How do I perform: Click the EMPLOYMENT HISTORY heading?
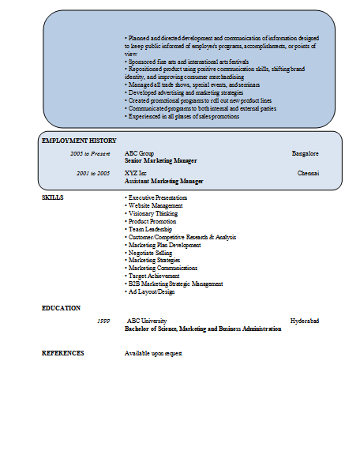coord(79,140)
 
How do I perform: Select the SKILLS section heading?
coord(53,197)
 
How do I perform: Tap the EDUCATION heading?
coord(61,308)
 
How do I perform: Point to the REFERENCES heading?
coord(62,353)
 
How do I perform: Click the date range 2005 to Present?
coord(90,152)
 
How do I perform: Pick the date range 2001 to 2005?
coord(93,172)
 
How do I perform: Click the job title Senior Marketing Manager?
coord(160,160)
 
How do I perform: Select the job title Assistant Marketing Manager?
coord(163,181)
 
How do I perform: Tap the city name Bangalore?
coord(305,152)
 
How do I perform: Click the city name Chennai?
coord(308,172)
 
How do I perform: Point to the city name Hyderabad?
coord(304,321)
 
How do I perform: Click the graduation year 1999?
coord(103,321)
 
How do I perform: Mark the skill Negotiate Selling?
coord(150,253)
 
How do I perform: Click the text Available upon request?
coord(153,353)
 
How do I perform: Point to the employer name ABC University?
coord(148,321)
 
